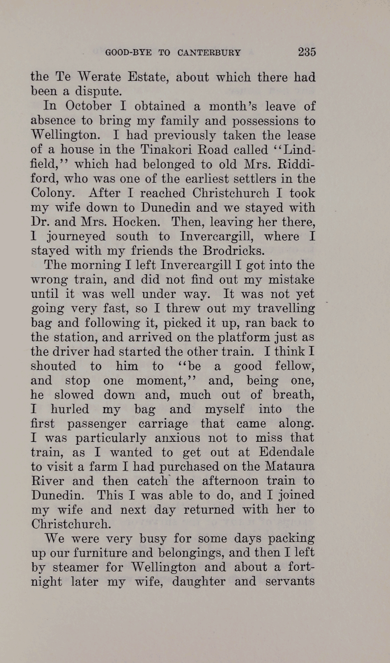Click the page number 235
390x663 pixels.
pyautogui.click(x=307, y=52)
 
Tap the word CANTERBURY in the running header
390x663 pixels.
pyautogui.click(x=209, y=53)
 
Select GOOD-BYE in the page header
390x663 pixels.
pyautogui.click(x=128, y=53)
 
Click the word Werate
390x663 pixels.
pyautogui.click(x=99, y=77)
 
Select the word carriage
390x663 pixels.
pyautogui.click(x=163, y=424)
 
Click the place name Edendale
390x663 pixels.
pyautogui.click(x=286, y=452)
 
